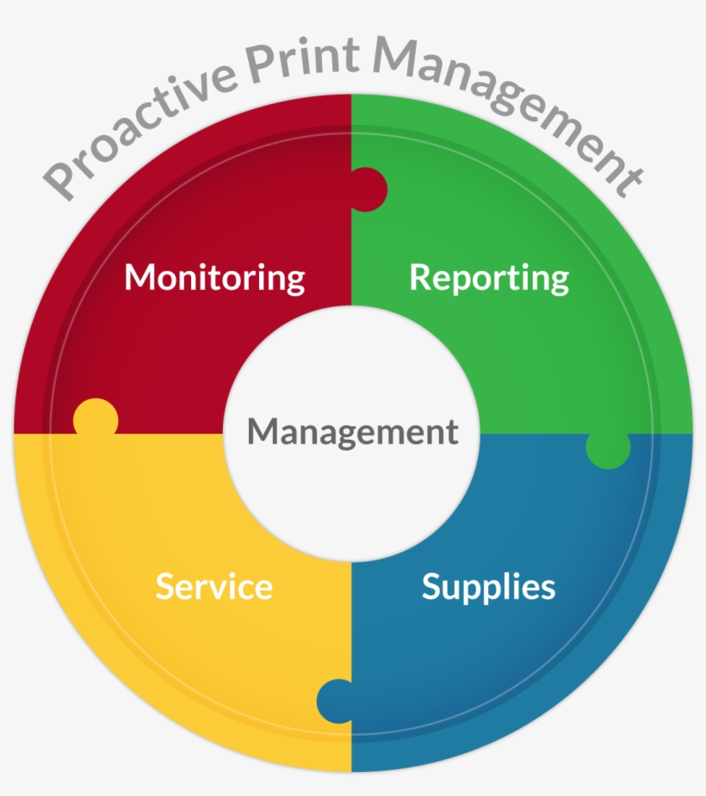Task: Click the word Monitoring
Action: [214, 278]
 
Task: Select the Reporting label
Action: [489, 278]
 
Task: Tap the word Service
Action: [214, 586]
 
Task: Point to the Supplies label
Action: [489, 588]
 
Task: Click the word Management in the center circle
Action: [353, 432]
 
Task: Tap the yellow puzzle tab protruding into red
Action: [96, 417]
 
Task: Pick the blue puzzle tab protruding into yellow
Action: [335, 701]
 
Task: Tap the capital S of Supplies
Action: [432, 586]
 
